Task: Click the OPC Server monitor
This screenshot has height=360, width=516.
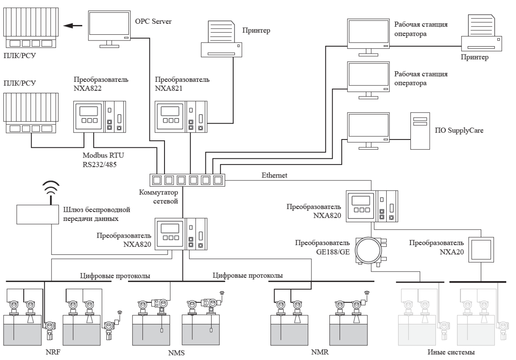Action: click(109, 29)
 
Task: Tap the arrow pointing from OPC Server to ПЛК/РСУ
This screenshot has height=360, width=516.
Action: click(72, 25)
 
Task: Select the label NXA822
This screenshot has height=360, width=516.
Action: click(88, 88)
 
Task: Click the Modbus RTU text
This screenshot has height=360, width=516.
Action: click(103, 155)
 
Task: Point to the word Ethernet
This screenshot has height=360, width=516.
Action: click(274, 175)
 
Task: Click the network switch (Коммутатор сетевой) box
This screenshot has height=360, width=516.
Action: click(187, 180)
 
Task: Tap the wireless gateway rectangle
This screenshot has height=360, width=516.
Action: click(38, 214)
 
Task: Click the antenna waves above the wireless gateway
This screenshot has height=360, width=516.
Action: click(51, 188)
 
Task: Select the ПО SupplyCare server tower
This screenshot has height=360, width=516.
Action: click(420, 131)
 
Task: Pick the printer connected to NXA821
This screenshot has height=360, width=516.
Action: click(221, 39)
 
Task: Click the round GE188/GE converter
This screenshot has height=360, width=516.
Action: click(368, 250)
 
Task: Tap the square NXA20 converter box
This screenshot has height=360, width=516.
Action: click(481, 250)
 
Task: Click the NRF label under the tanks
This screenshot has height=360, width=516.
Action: click(53, 352)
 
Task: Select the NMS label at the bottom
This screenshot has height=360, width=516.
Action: click(176, 353)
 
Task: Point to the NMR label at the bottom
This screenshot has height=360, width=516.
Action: click(320, 352)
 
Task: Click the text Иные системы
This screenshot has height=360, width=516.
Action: click(451, 352)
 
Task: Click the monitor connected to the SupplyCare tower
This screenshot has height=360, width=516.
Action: click(368, 131)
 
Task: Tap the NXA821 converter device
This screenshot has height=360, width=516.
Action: click(181, 117)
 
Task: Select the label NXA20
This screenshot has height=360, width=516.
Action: click(452, 252)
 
